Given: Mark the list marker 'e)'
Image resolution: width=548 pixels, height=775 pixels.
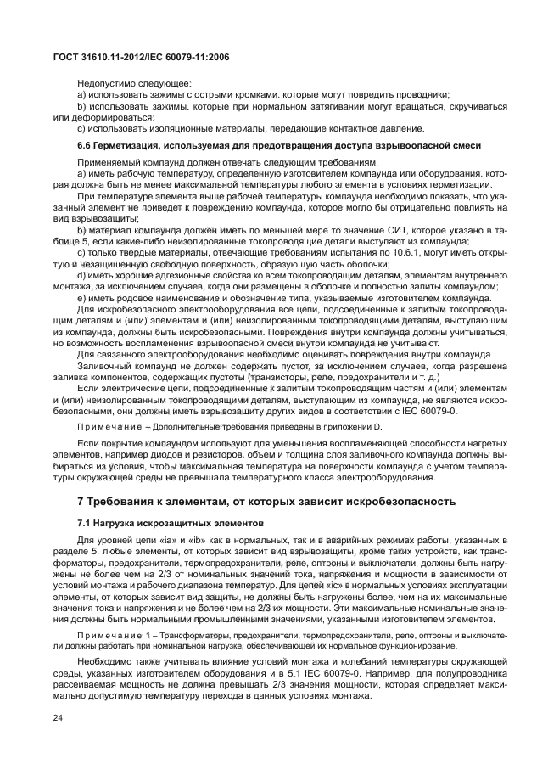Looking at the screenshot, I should coord(82,299).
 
